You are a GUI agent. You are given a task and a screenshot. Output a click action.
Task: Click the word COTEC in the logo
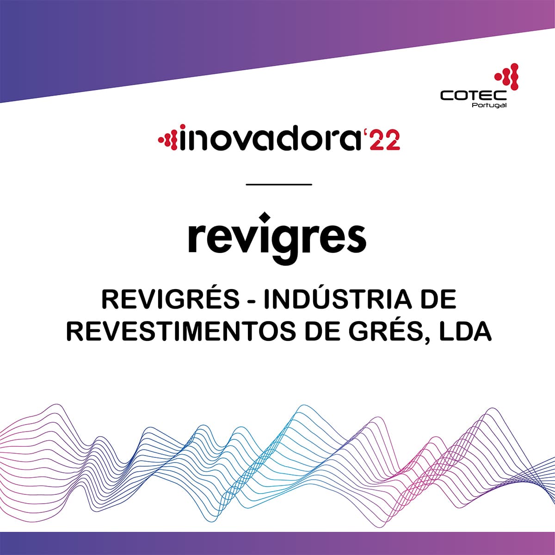(x=473, y=95)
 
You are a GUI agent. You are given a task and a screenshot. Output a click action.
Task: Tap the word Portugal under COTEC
(x=489, y=105)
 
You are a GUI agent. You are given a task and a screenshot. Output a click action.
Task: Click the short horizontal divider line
(x=279, y=185)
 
